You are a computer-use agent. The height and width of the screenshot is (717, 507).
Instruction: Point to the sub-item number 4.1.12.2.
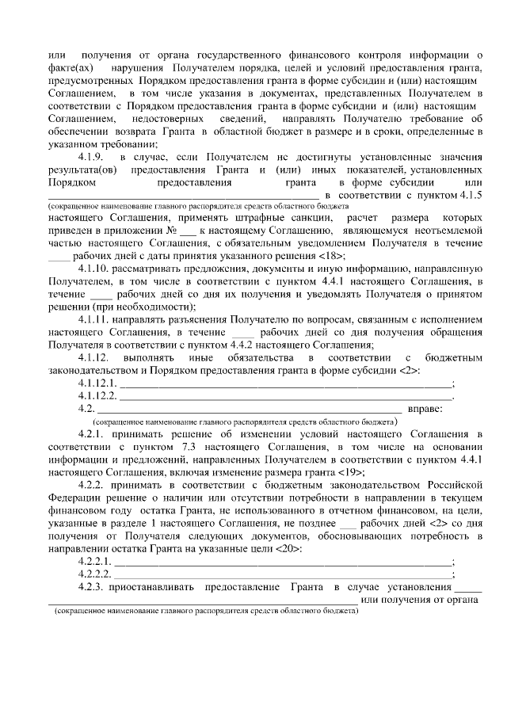97,395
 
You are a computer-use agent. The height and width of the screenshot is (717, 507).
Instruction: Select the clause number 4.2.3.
92,587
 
